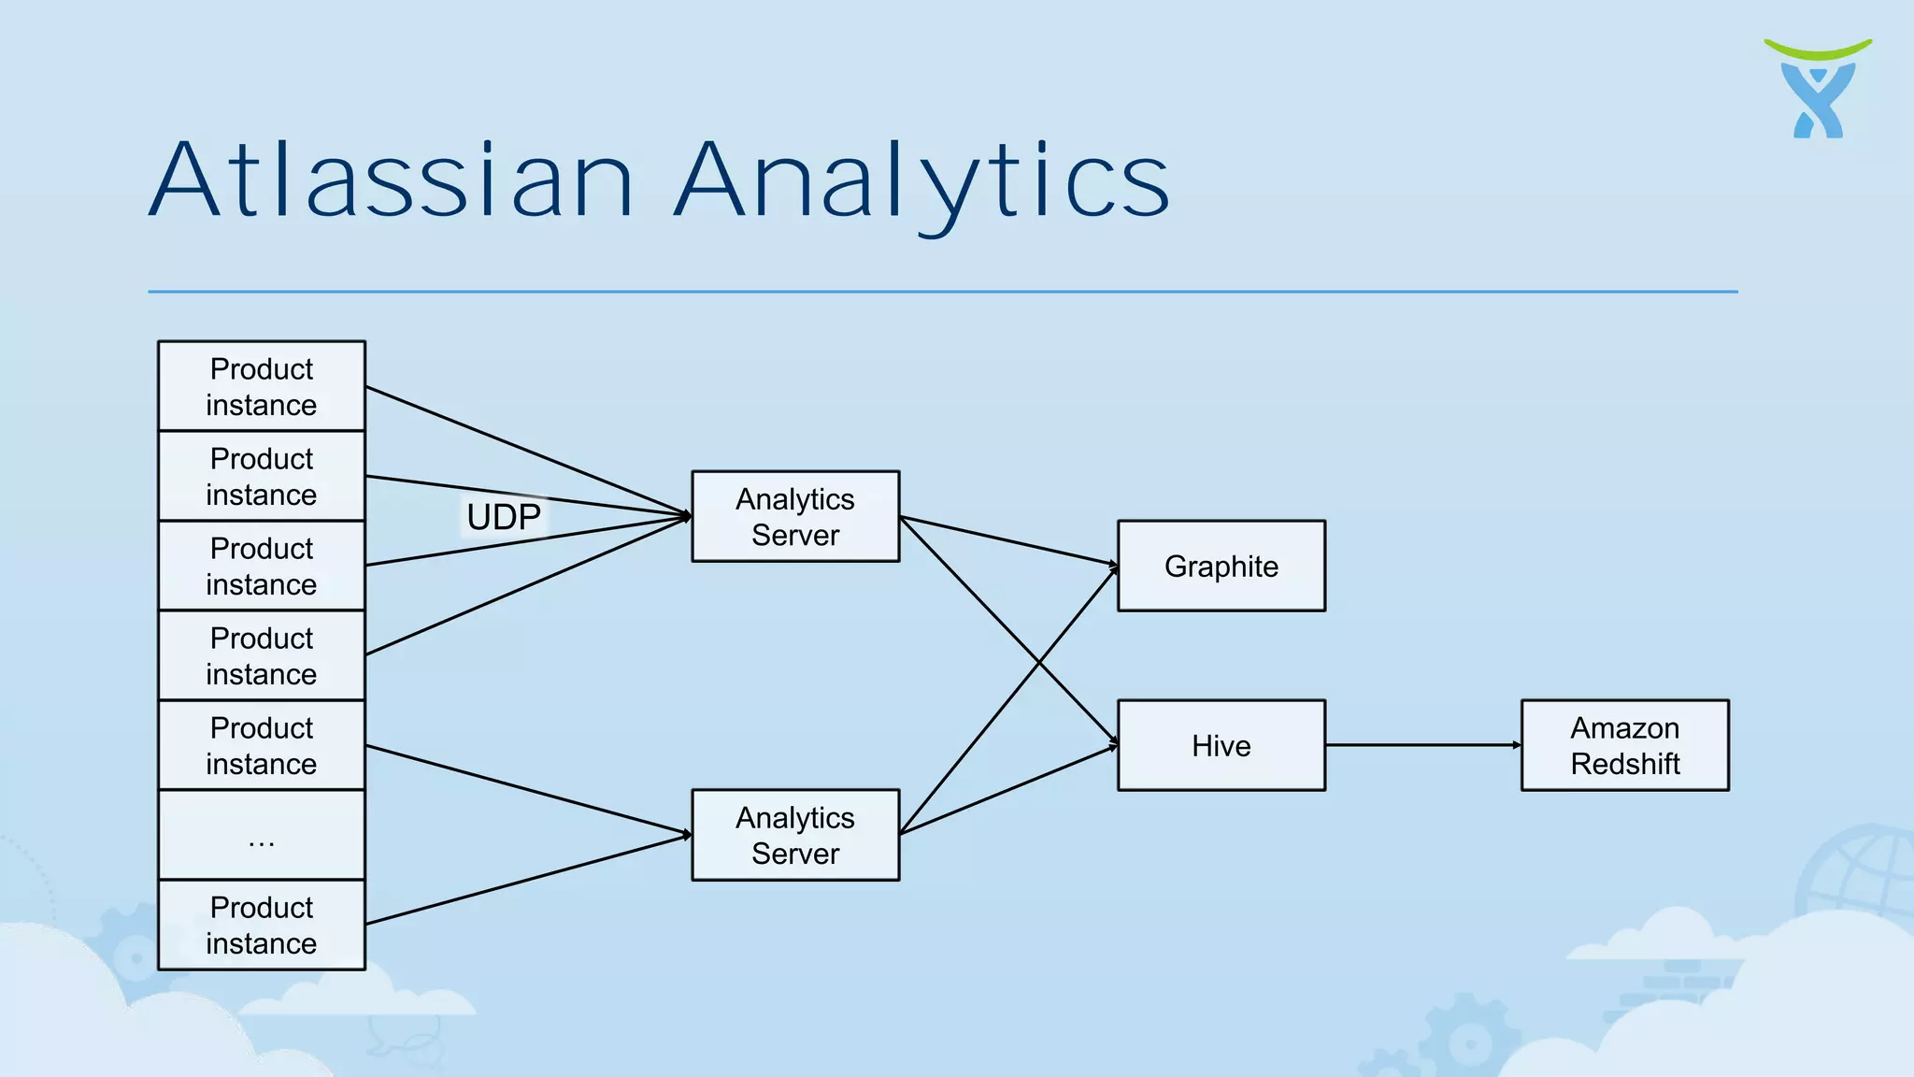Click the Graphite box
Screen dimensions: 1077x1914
pos(1221,566)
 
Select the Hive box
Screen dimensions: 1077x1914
pos(1221,745)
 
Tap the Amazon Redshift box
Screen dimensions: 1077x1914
pos(1624,745)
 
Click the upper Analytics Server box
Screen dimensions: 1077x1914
pos(795,516)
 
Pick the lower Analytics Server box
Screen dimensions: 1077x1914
pos(795,835)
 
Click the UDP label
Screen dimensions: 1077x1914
pos(504,517)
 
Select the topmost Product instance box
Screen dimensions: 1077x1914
pos(262,386)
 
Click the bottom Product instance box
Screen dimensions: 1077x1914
pos(262,925)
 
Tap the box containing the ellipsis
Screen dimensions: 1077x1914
pos(262,835)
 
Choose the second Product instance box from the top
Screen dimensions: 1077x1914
pos(262,476)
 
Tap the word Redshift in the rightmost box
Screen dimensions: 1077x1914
pos(1624,764)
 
